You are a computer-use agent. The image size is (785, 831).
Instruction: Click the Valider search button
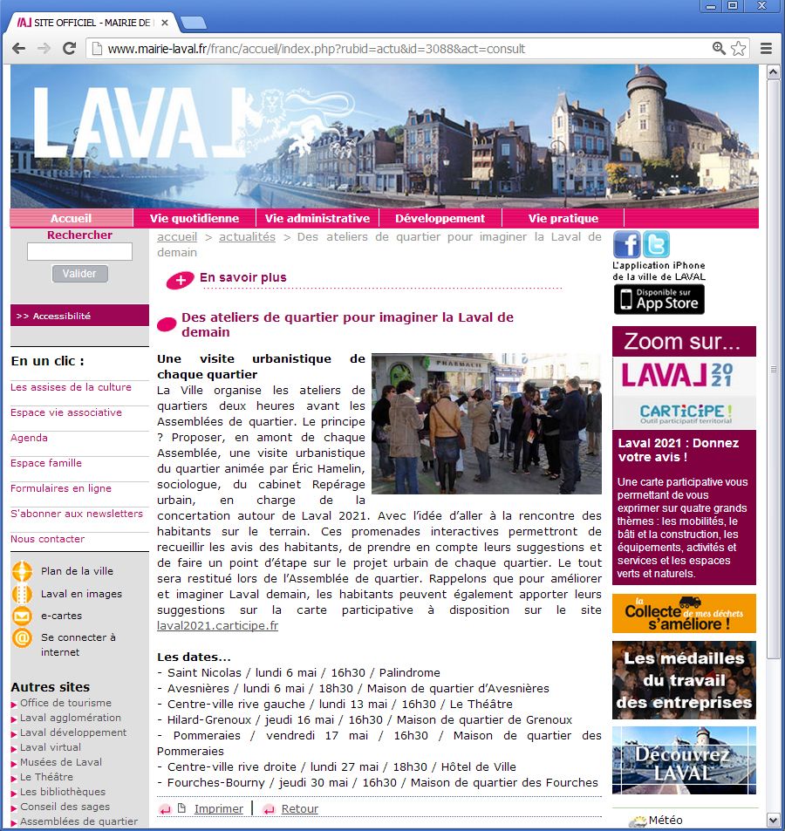click(x=80, y=274)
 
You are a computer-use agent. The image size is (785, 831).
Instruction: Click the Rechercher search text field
click(x=80, y=252)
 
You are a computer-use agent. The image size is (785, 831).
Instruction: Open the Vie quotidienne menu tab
click(x=195, y=219)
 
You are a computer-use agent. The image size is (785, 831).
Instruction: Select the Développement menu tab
click(x=440, y=219)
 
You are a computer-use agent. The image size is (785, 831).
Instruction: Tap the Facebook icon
click(x=626, y=244)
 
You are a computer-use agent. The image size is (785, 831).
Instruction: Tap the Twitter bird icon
click(x=656, y=244)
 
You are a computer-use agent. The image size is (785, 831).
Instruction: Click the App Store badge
click(x=659, y=299)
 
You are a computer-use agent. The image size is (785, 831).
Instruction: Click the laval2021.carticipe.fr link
click(x=217, y=626)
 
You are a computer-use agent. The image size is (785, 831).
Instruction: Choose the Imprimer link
click(x=218, y=809)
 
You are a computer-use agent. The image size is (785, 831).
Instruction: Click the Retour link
click(x=299, y=809)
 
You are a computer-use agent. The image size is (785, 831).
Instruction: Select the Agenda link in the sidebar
click(x=30, y=438)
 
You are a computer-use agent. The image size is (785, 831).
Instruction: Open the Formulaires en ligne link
click(x=61, y=488)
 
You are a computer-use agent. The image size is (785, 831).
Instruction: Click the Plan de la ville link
click(x=77, y=571)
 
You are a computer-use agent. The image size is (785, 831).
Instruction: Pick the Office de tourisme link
click(x=65, y=703)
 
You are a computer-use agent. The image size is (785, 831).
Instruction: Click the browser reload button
click(x=69, y=49)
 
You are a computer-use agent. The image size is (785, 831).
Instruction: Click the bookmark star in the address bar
click(x=738, y=49)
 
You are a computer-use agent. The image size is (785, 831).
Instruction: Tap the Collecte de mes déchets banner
click(x=684, y=613)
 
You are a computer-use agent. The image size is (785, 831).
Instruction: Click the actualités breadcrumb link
click(x=247, y=237)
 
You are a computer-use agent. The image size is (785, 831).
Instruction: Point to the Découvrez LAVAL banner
click(x=684, y=759)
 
